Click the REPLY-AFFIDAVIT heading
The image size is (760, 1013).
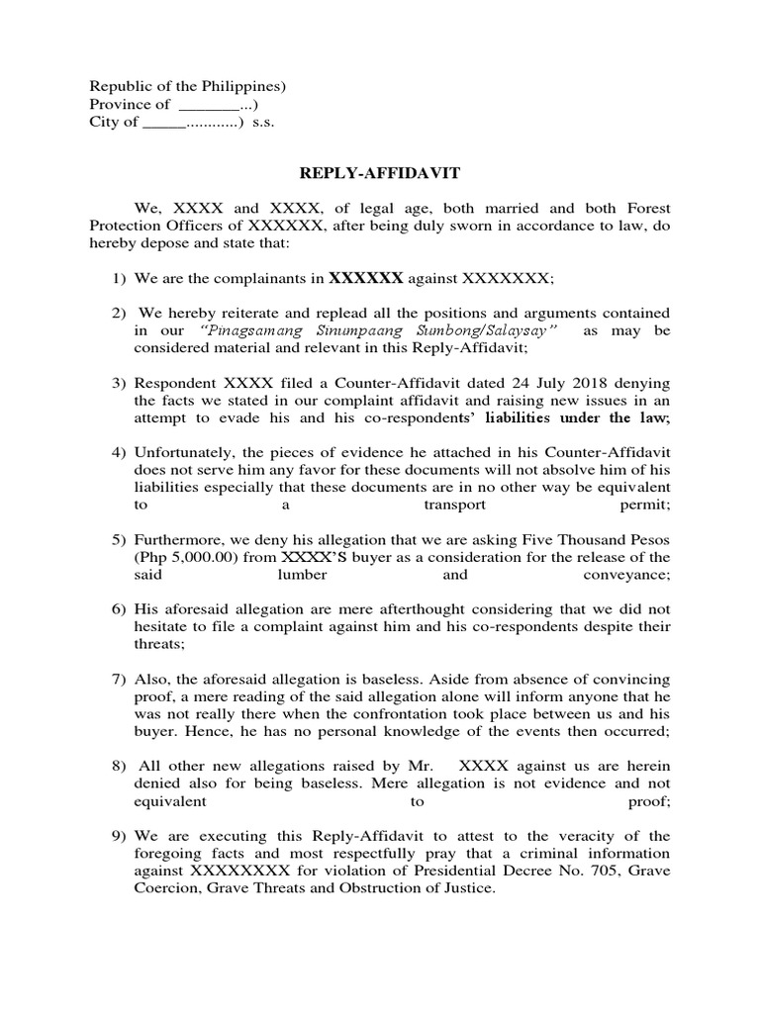(380, 174)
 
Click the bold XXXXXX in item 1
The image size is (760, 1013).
(365, 278)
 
